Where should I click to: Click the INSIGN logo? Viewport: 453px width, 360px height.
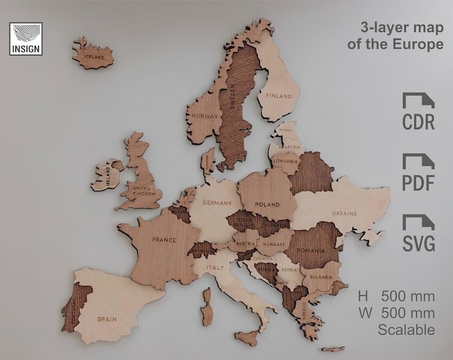click(x=26, y=38)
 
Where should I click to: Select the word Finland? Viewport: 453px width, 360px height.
click(x=279, y=96)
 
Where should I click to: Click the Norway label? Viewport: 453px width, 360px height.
click(x=204, y=116)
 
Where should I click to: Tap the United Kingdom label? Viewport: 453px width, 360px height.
click(x=144, y=191)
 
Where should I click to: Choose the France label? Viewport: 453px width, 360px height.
click(x=164, y=239)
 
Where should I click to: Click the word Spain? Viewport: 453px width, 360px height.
click(x=106, y=319)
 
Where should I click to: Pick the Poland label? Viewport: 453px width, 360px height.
click(x=266, y=205)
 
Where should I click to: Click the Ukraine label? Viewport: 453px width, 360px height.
click(x=344, y=213)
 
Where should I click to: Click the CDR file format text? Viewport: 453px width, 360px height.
click(x=418, y=123)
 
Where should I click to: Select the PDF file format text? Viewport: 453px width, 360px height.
click(x=418, y=183)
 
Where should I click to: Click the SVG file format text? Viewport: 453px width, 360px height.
click(x=418, y=244)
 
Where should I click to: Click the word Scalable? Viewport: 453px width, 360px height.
click(x=406, y=329)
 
